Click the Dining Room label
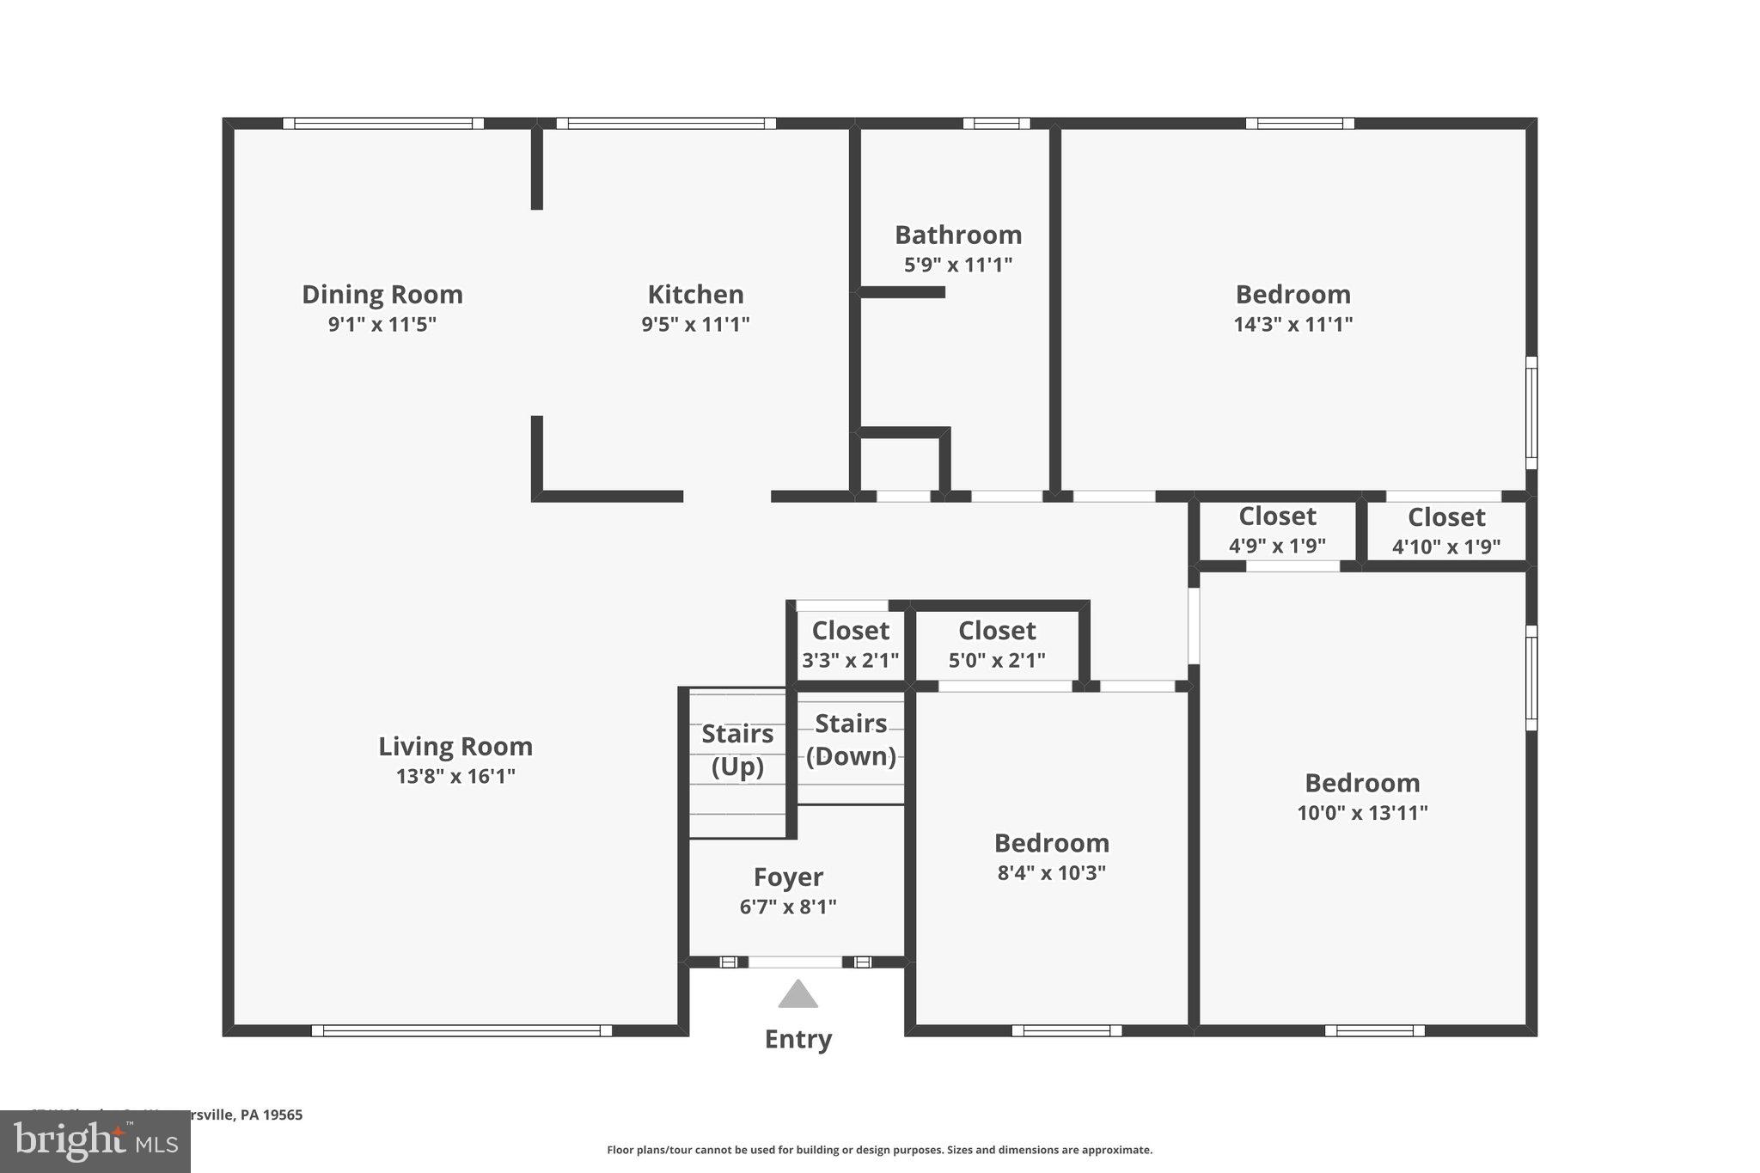click(x=382, y=295)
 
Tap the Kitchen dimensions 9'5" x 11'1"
click(x=695, y=325)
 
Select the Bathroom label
click(x=958, y=235)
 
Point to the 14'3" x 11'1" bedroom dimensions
click(x=1292, y=325)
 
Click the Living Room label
click(x=455, y=746)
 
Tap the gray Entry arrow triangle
click(x=797, y=995)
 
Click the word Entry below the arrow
click(x=797, y=1039)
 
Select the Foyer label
click(x=788, y=877)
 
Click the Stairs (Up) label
click(x=737, y=749)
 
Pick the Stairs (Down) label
click(x=851, y=740)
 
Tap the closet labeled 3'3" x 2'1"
click(x=850, y=645)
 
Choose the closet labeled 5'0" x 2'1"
click(x=997, y=645)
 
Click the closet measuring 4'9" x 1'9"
click(x=1277, y=530)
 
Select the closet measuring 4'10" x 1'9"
click(x=1446, y=531)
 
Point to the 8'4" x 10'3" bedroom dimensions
click(x=1051, y=873)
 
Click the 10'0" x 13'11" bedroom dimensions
click(x=1362, y=813)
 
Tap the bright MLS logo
click(x=95, y=1141)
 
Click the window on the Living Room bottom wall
click(x=461, y=1030)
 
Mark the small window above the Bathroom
click(x=996, y=124)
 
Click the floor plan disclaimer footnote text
click(x=879, y=1150)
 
